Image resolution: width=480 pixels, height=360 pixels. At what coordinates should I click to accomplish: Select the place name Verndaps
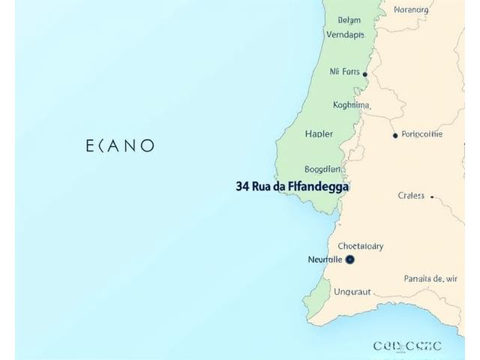click(x=345, y=34)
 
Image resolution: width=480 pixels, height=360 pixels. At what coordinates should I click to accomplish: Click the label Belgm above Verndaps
click(x=349, y=20)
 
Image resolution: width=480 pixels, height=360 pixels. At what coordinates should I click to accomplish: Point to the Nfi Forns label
click(x=344, y=73)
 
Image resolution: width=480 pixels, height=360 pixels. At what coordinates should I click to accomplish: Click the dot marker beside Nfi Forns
click(x=365, y=74)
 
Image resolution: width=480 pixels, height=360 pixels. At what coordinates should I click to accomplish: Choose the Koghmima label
click(x=351, y=105)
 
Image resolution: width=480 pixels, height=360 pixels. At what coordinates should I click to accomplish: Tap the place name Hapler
click(x=319, y=134)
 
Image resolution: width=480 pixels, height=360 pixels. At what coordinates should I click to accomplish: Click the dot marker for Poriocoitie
click(x=395, y=136)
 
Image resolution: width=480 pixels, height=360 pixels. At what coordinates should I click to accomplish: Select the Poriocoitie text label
click(x=422, y=135)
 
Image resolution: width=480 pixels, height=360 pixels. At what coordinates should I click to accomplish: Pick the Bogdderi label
click(x=323, y=169)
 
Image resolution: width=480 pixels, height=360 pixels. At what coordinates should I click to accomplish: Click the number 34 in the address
click(x=242, y=187)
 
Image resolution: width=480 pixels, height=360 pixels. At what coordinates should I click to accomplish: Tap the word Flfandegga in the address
click(x=319, y=187)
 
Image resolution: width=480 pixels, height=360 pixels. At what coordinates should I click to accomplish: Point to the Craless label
click(x=412, y=196)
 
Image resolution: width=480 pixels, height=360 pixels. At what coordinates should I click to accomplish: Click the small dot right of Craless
click(x=433, y=196)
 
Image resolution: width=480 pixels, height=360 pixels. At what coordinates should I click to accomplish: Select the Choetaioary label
click(x=360, y=246)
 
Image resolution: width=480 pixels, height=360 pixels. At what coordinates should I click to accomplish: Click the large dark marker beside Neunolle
click(x=350, y=259)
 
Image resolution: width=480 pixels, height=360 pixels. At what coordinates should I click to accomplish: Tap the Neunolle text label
click(x=325, y=259)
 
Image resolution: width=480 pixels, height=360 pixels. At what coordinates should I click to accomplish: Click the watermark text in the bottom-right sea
click(x=407, y=346)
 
